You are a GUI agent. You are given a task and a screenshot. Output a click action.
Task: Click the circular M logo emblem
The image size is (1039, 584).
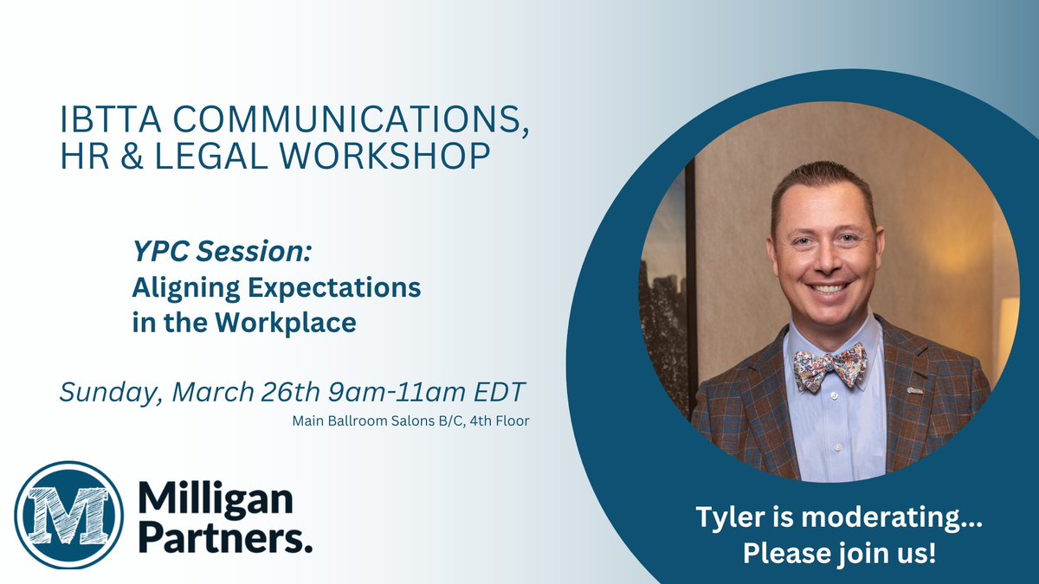(x=68, y=515)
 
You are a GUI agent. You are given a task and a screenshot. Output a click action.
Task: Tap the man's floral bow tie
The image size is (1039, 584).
(x=829, y=366)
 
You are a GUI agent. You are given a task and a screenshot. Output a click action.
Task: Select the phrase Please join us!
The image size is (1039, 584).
(x=839, y=554)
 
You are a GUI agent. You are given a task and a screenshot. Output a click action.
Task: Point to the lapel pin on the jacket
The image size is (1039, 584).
(x=914, y=389)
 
